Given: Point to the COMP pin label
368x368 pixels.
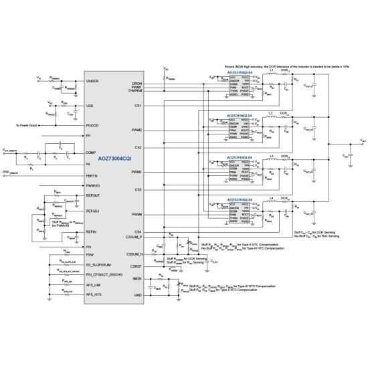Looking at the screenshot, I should [x=93, y=152].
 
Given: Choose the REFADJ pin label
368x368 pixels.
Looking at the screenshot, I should [x=94, y=211].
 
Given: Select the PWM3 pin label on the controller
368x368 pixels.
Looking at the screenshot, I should [x=138, y=171].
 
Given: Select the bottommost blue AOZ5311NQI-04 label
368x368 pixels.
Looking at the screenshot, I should [x=238, y=199].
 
